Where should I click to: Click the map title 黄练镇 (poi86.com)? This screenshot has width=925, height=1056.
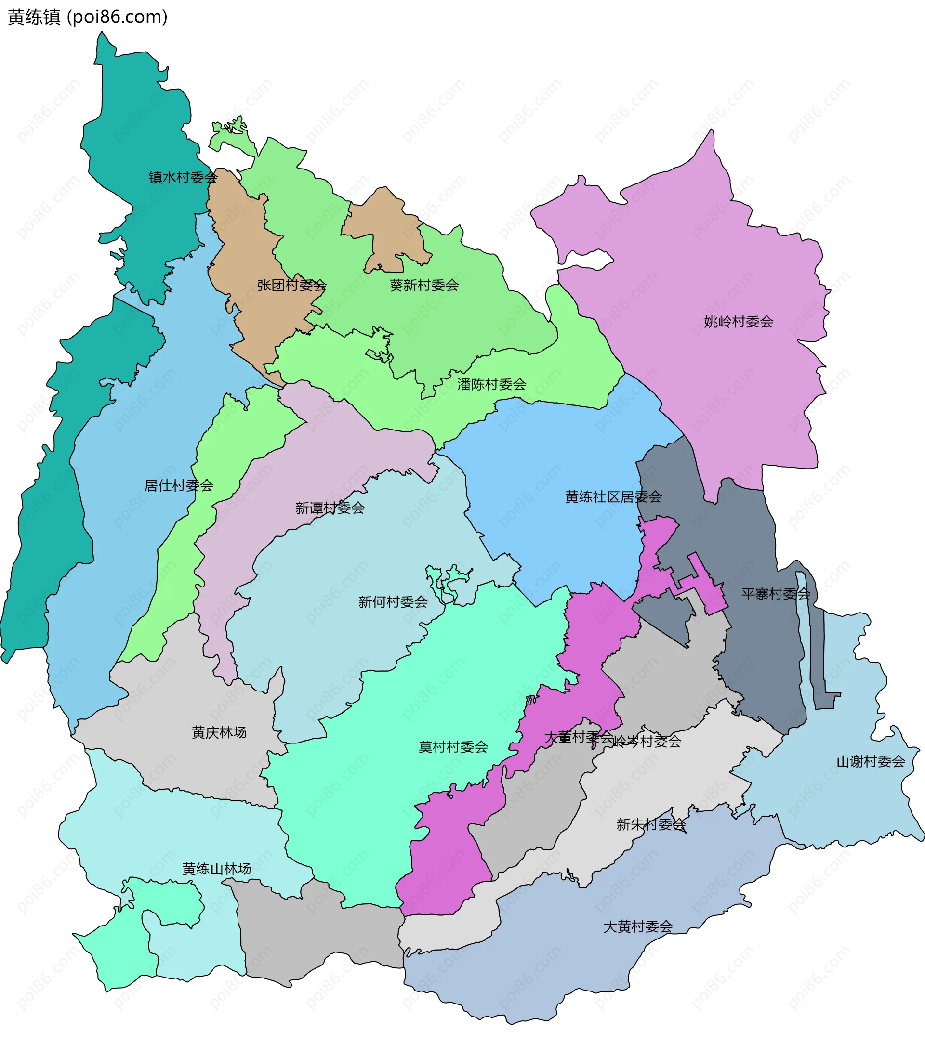click(x=88, y=17)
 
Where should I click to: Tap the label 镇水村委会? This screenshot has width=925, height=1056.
click(x=183, y=178)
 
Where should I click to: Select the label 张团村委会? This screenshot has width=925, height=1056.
click(x=291, y=285)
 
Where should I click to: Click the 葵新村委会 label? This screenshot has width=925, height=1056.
click(x=424, y=285)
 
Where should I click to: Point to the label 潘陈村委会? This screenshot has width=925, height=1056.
click(x=491, y=384)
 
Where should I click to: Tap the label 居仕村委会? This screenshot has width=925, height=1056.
click(x=179, y=485)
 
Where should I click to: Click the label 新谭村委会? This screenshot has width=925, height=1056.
click(x=330, y=508)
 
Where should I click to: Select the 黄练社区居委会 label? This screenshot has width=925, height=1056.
click(x=613, y=497)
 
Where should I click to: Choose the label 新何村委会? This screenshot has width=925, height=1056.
click(x=393, y=601)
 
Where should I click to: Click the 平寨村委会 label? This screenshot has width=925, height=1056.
click(x=776, y=594)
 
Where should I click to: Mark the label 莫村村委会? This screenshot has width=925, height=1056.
click(x=453, y=746)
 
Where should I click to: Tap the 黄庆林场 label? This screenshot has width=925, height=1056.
click(x=219, y=732)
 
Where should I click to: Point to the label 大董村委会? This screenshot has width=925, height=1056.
click(x=578, y=737)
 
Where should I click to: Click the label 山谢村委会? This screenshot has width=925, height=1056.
click(x=871, y=761)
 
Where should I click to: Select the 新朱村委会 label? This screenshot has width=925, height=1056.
click(x=651, y=824)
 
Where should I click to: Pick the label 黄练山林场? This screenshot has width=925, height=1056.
click(x=216, y=869)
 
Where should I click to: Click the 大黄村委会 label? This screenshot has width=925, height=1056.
click(x=638, y=926)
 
